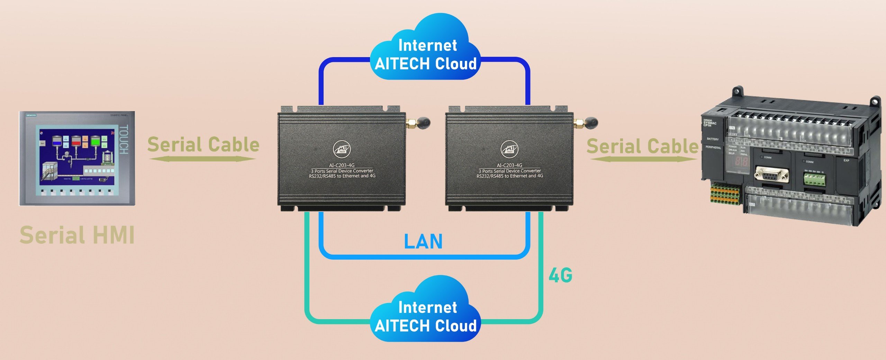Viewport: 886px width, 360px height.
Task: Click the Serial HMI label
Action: tap(77, 235)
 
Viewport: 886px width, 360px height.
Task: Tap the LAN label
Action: tap(423, 242)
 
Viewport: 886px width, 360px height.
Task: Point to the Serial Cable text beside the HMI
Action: tap(203, 145)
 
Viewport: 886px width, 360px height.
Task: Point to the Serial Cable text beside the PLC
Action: tap(642, 146)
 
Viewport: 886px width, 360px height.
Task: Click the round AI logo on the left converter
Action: tap(342, 149)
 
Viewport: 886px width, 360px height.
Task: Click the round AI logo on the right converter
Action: tap(509, 149)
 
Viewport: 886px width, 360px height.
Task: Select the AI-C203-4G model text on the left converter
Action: tap(342, 165)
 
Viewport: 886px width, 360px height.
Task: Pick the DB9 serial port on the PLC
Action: tap(771, 174)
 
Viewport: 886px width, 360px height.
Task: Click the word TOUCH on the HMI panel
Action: tap(124, 140)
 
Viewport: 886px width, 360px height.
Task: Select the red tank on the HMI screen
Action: tap(76, 141)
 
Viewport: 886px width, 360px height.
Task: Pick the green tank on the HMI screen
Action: tap(95, 141)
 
